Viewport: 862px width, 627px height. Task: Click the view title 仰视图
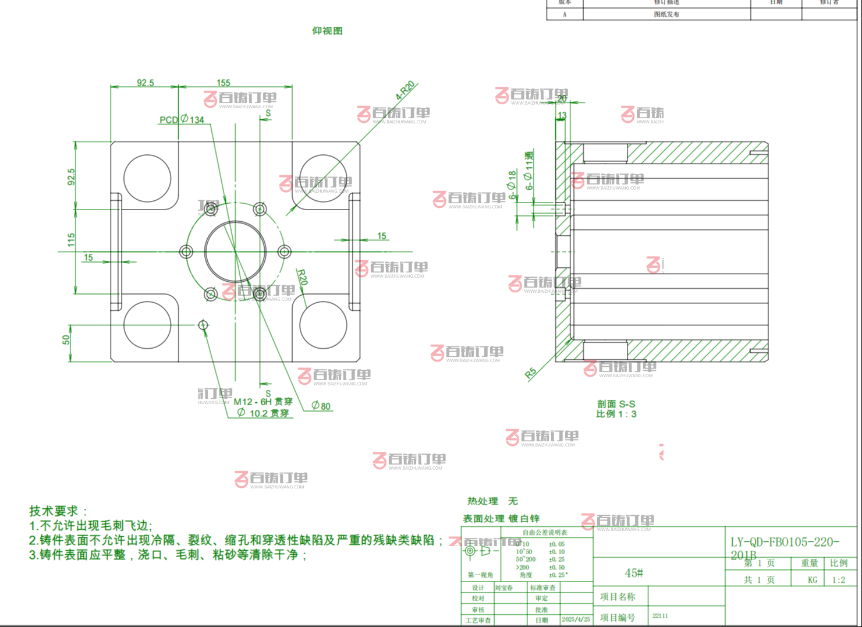pyautogui.click(x=327, y=31)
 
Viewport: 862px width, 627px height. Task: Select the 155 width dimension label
pyautogui.click(x=224, y=83)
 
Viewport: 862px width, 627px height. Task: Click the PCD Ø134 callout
pyautogui.click(x=182, y=119)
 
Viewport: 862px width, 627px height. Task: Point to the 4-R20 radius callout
pyautogui.click(x=405, y=90)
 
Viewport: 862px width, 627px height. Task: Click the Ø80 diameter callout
pyautogui.click(x=321, y=406)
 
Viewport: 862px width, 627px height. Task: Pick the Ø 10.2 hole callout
pyautogui.click(x=263, y=413)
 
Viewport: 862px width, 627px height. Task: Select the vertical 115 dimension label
pyautogui.click(x=72, y=240)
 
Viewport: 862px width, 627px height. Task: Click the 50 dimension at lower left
pyautogui.click(x=66, y=339)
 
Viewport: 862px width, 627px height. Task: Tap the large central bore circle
pyautogui.click(x=235, y=252)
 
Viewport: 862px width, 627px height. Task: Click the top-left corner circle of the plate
pyautogui.click(x=147, y=178)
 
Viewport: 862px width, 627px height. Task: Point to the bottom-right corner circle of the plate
pyautogui.click(x=323, y=325)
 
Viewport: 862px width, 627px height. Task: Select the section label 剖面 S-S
pyautogui.click(x=616, y=404)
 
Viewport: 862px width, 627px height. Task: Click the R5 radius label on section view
pyautogui.click(x=530, y=374)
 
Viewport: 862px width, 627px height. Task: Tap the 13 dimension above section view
pyautogui.click(x=562, y=115)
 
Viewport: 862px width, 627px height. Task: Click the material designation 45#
pyautogui.click(x=633, y=573)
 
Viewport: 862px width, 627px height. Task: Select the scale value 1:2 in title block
pyautogui.click(x=838, y=580)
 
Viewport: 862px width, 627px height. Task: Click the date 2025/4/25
pyautogui.click(x=576, y=619)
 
